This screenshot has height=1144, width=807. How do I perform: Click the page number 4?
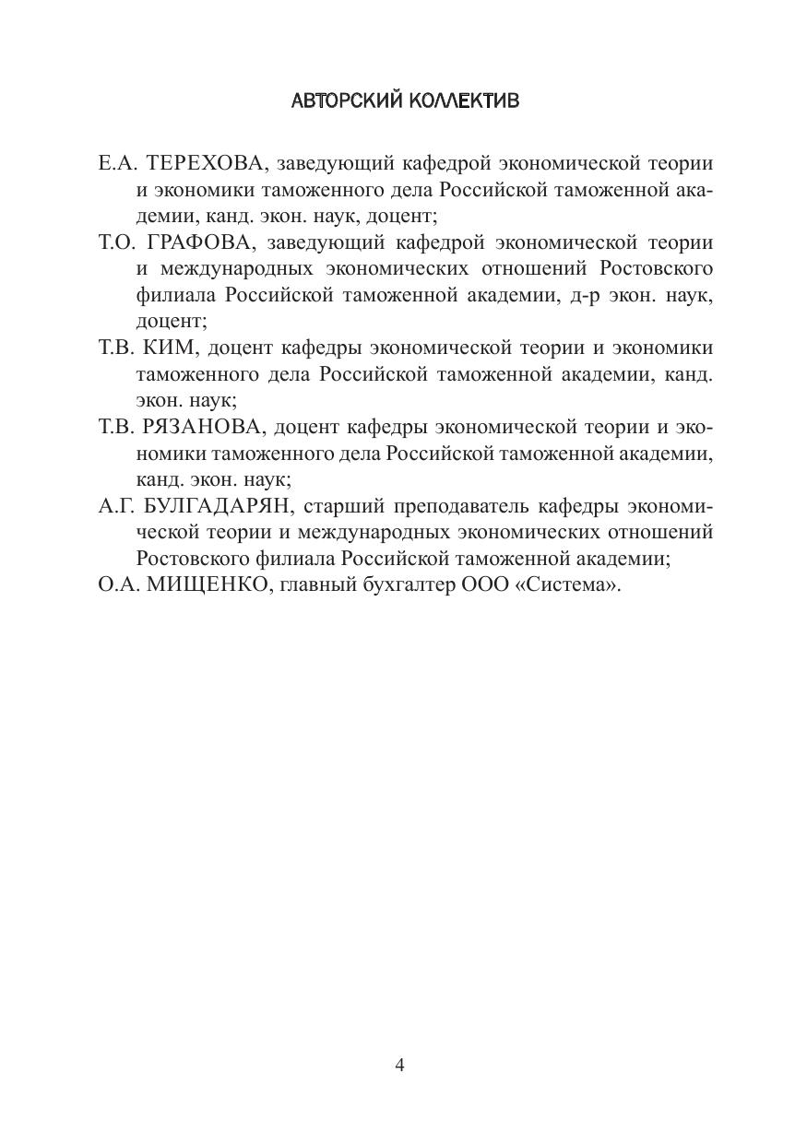click(x=399, y=1066)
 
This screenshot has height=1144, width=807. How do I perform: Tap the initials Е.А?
click(x=116, y=164)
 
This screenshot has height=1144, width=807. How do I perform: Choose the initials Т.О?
click(x=117, y=243)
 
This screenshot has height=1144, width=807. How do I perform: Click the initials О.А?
click(x=117, y=585)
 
